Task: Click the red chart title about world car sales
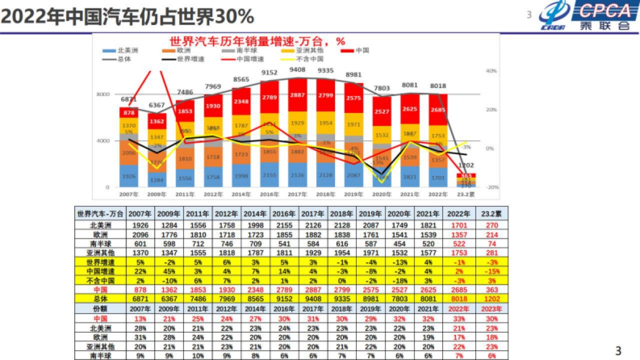pyautogui.click(x=258, y=41)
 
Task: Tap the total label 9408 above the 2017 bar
pyautogui.click(x=297, y=70)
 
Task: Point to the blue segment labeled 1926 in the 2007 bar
pyautogui.click(x=129, y=176)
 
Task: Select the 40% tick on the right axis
pyautogui.click(x=491, y=70)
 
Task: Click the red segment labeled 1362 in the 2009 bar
pyautogui.click(x=157, y=121)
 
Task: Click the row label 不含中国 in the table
pyautogui.click(x=101, y=281)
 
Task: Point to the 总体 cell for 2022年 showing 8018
pyautogui.click(x=458, y=299)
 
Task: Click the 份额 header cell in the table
pyautogui.click(x=101, y=309)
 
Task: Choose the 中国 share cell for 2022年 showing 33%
pyautogui.click(x=458, y=318)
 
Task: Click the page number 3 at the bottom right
pyautogui.click(x=618, y=350)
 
